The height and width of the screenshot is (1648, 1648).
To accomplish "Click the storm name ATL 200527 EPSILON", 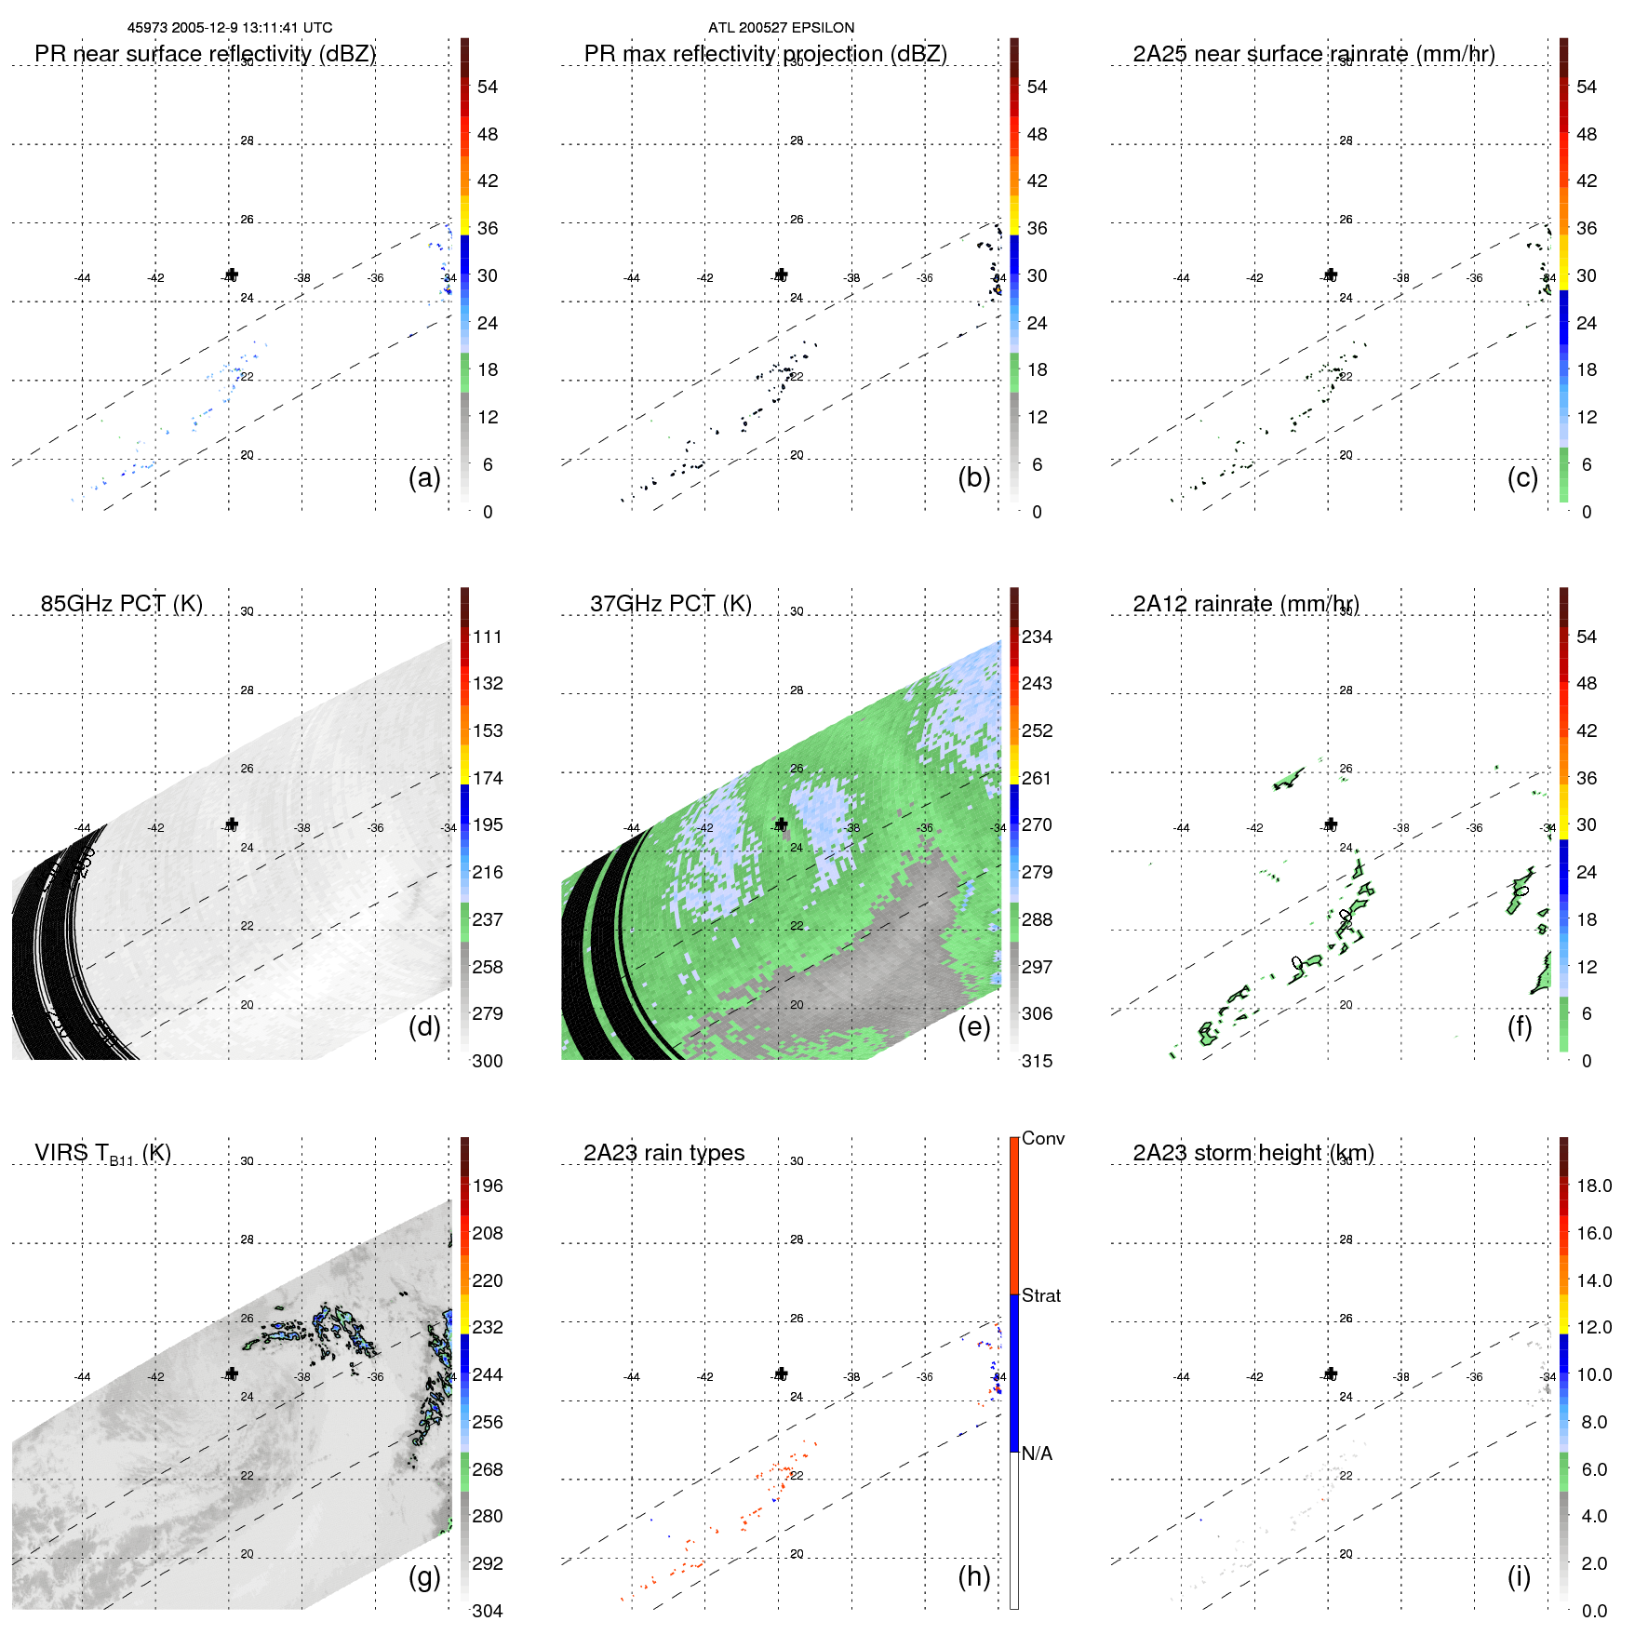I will coord(781,28).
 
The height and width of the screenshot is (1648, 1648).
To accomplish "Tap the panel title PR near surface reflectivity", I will coord(205,54).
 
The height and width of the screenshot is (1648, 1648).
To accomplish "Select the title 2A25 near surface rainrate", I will coord(1313,54).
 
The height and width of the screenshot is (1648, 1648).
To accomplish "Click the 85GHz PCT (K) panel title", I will coord(121,604).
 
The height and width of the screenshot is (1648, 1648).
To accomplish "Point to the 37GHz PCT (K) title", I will coord(670,604).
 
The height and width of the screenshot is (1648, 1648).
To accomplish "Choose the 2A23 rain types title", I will coord(663,1153).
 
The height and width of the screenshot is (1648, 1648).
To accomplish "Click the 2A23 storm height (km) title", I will coord(1253,1153).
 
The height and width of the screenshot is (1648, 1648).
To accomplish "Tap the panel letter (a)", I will coord(424,477).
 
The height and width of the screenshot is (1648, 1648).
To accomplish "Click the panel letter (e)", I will coord(973,1026).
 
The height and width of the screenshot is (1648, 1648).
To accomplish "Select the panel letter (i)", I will coord(1519,1576).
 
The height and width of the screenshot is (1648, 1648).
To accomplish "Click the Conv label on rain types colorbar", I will coord(1042,1138).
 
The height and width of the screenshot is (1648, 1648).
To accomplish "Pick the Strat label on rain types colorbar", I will coord(1040,1295).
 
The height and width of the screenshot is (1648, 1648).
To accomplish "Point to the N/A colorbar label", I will coord(1037,1454).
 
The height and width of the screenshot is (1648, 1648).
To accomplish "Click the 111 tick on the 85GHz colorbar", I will coord(488,636).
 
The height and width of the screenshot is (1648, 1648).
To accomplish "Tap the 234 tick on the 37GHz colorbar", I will coord(1037,636).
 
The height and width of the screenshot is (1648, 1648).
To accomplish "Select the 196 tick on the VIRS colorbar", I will coord(488,1186).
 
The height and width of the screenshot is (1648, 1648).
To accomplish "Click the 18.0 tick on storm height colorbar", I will coord(1593,1186).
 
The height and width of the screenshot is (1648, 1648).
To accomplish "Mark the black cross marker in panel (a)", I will coord(232,275).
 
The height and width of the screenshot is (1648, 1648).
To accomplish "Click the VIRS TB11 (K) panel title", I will coord(102,1154).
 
